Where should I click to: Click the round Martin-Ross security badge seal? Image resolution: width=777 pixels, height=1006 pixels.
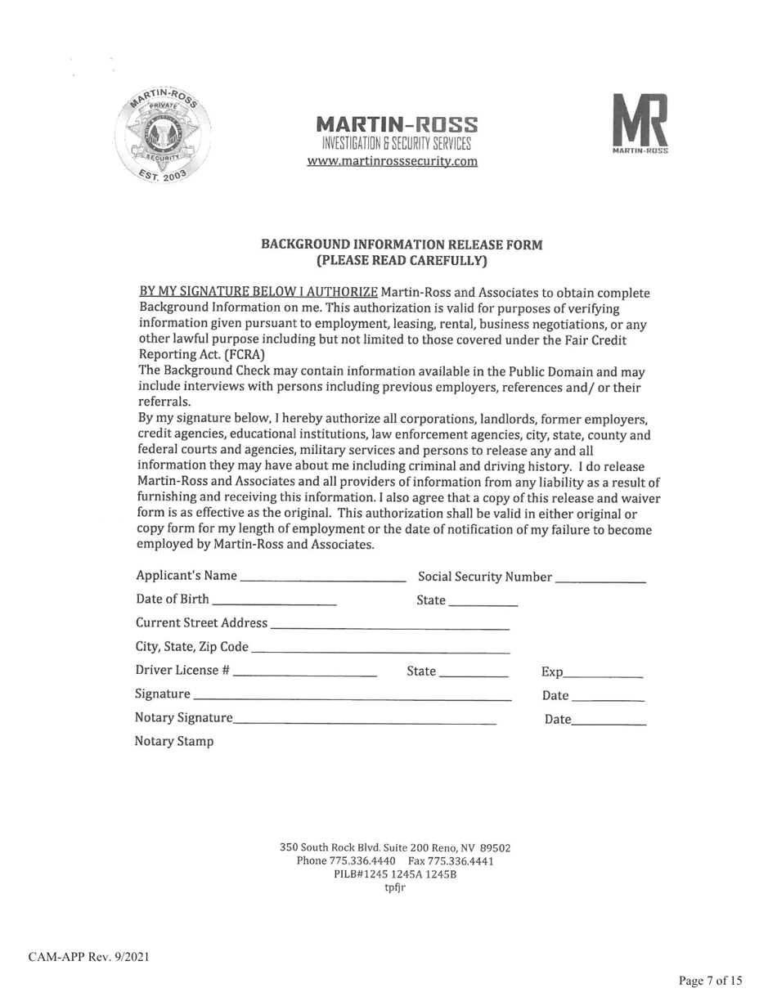[x=160, y=136]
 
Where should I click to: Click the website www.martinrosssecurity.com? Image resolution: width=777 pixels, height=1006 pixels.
[x=392, y=161]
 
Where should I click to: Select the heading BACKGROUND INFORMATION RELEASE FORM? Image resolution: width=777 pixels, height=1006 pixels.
[x=401, y=245]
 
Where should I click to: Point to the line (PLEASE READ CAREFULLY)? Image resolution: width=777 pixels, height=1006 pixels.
[x=401, y=261]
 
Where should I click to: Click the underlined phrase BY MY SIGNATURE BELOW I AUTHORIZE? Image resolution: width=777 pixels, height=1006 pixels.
[x=258, y=293]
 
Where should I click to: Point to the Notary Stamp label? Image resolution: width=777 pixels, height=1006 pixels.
[x=174, y=742]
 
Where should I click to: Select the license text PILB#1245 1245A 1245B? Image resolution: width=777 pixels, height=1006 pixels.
[x=395, y=874]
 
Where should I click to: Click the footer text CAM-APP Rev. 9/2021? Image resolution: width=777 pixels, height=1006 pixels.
[x=89, y=957]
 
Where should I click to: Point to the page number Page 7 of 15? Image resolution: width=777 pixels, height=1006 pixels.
[x=710, y=981]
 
